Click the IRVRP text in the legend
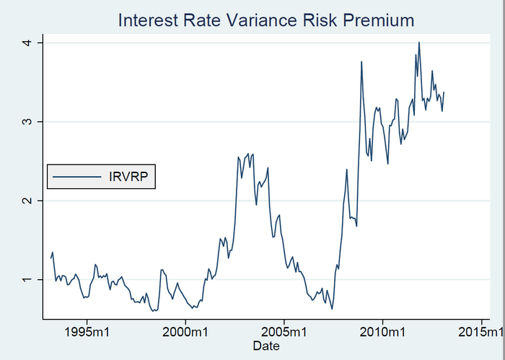[128, 175]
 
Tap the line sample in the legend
[76, 175]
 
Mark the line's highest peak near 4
[419, 43]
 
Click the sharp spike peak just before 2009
[361, 62]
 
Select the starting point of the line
[50, 258]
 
